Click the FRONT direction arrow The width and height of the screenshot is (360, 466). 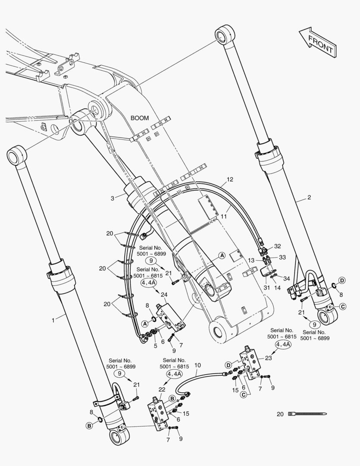click(x=317, y=42)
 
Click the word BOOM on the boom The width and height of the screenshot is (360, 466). click(x=140, y=118)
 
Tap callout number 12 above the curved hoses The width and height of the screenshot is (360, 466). click(x=230, y=179)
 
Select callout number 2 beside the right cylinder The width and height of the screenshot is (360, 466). click(x=309, y=197)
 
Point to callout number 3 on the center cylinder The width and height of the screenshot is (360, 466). click(x=112, y=198)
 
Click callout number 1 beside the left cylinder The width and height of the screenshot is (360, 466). click(x=53, y=320)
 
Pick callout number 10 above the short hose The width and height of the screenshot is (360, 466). click(x=197, y=365)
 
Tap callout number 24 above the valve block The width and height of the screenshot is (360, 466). click(x=164, y=295)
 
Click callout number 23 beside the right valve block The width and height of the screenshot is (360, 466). click(x=268, y=358)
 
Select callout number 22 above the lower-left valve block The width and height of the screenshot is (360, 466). click(x=162, y=389)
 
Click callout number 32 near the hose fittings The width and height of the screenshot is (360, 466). click(x=277, y=246)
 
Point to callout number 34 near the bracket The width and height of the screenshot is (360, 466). click(x=286, y=278)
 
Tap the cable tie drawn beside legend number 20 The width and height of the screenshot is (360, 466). click(x=307, y=414)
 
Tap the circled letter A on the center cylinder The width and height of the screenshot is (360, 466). click(x=222, y=255)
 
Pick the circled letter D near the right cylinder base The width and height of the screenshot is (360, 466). click(x=342, y=280)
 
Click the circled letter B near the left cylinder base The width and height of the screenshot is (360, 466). click(x=89, y=425)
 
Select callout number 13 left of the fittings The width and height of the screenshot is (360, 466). click(x=251, y=260)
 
